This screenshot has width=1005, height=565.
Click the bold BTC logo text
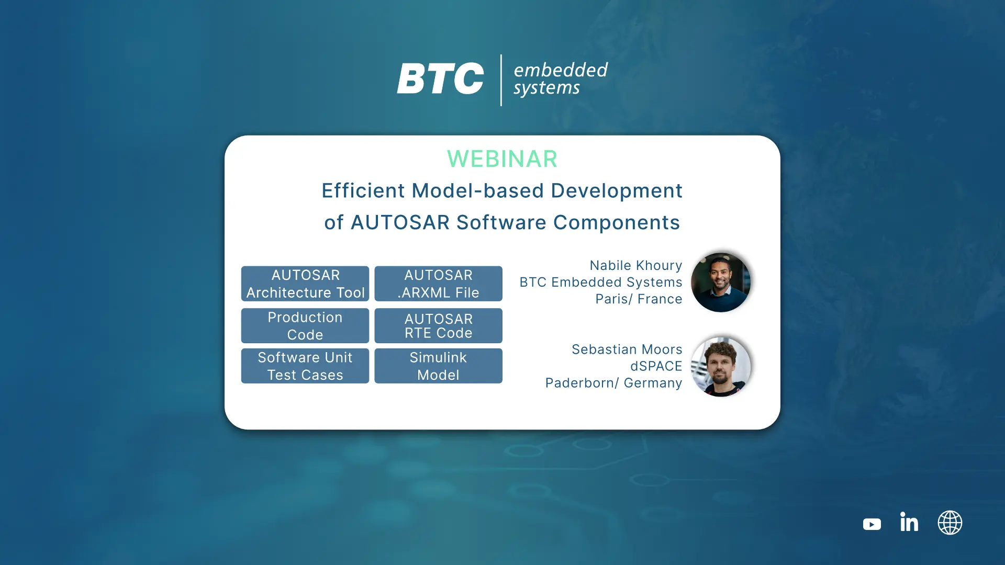(440, 79)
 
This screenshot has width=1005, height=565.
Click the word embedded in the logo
(561, 70)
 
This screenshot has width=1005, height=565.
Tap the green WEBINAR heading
(502, 159)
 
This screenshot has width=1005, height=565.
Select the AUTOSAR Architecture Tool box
(305, 284)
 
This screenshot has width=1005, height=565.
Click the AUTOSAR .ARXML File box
(439, 284)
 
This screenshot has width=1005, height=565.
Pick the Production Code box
(305, 325)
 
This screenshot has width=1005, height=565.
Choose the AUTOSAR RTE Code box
(439, 325)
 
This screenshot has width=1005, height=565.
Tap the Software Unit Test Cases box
(305, 366)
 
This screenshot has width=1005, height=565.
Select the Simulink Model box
(439, 366)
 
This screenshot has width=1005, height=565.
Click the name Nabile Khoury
(636, 266)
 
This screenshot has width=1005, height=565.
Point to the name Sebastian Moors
(627, 349)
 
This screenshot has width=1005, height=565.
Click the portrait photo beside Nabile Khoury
(721, 282)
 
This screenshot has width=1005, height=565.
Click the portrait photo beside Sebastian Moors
(721, 367)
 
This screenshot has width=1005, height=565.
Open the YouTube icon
(872, 524)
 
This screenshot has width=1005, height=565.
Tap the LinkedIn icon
(909, 522)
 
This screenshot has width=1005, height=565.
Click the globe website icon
(950, 523)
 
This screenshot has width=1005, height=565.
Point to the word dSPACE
(656, 366)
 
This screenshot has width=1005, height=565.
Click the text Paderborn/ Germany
(614, 383)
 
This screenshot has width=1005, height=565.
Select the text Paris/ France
(639, 299)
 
